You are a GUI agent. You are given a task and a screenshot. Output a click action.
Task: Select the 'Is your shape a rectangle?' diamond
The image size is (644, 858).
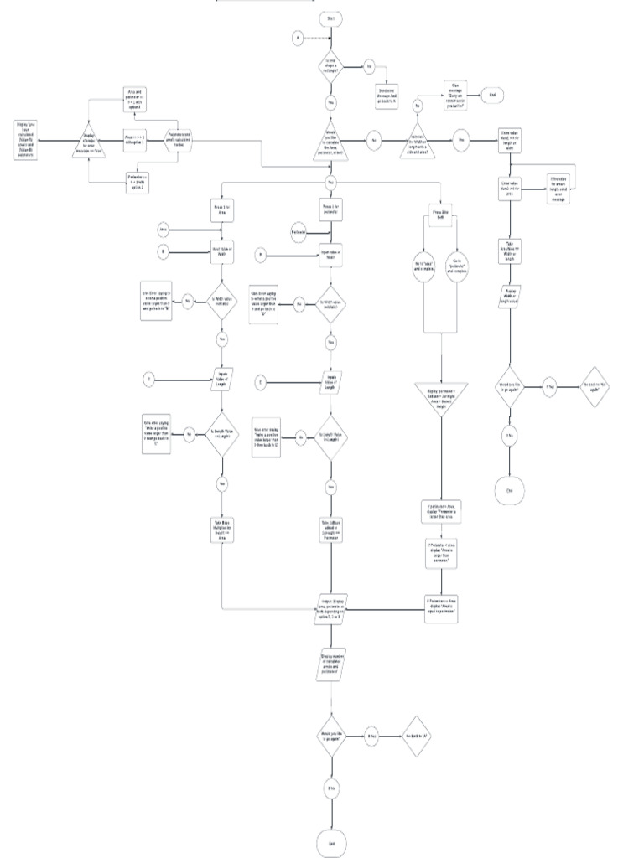[330, 65]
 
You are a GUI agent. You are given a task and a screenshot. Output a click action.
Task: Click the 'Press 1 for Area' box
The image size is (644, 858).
[222, 210]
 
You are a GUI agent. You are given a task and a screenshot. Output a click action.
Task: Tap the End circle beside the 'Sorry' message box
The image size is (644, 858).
[492, 96]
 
